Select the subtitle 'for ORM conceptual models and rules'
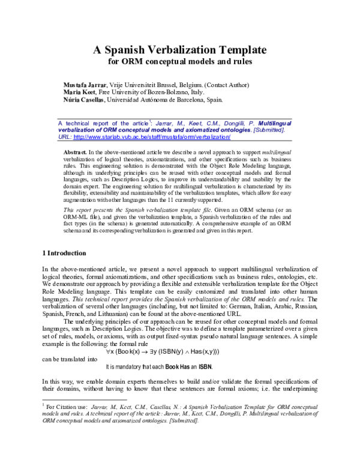pyautogui.click(x=180, y=61)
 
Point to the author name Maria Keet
pyautogui.click(x=82, y=92)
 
